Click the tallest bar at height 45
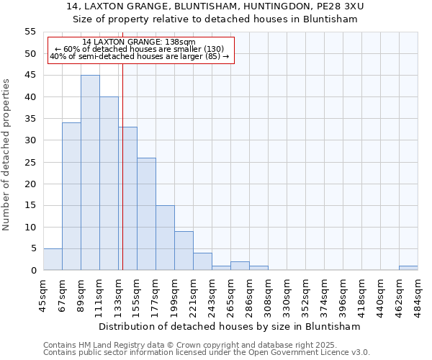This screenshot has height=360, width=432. pos(90,173)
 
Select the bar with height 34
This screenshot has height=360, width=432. pos(71,197)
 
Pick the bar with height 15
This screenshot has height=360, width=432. pos(165,238)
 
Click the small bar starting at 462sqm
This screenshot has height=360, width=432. pos(408,268)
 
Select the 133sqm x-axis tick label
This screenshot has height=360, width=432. pos(119,294)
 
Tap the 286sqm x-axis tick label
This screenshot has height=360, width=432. pos(250,294)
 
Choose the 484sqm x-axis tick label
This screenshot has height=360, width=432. pos(418,294)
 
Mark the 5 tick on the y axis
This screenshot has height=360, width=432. pos(33,248)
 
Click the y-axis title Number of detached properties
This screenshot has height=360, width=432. pos(7,155)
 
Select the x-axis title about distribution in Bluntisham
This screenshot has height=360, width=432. pos(229,326)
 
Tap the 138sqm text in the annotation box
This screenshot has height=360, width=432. pos(179,42)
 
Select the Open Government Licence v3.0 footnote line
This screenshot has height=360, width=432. pos(207,353)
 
